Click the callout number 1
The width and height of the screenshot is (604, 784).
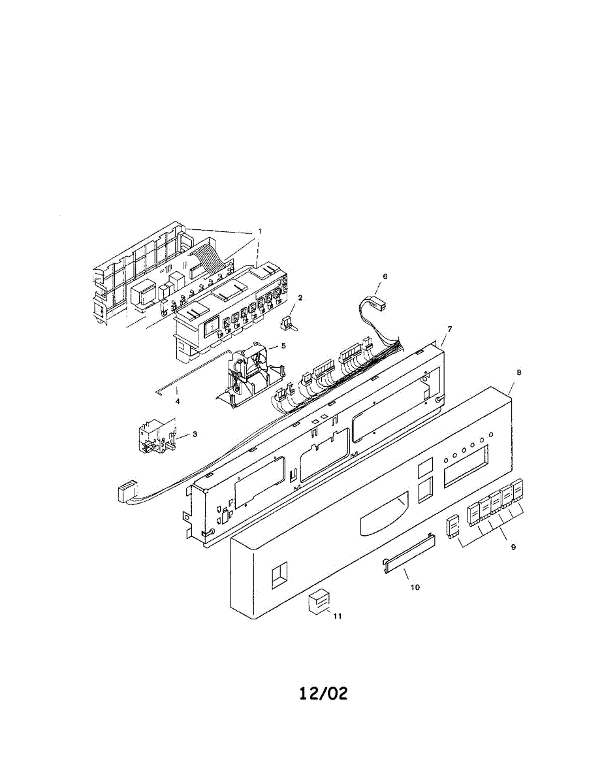pos(259,231)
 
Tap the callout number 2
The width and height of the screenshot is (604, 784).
pos(300,298)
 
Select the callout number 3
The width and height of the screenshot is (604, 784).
pos(195,434)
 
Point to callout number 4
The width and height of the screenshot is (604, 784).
pos(178,401)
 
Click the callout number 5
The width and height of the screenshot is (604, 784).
pos(283,346)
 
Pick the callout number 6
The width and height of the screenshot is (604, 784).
pos(385,276)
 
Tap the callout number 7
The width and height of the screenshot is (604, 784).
pos(449,329)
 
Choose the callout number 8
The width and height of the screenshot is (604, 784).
pos(519,372)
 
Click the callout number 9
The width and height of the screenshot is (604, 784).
pos(513,547)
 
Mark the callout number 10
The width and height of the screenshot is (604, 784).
pos(415,587)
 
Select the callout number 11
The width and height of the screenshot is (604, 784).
pos(337,616)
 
